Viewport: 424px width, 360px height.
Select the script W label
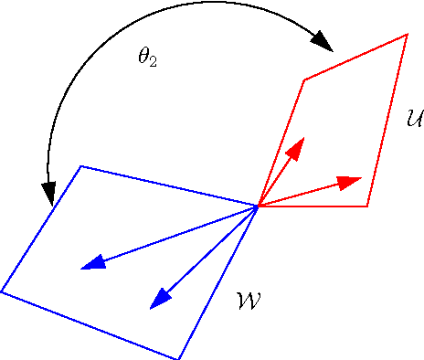(249, 299)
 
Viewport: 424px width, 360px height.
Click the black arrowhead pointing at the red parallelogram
(323, 41)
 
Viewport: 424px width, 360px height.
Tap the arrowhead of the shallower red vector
(349, 181)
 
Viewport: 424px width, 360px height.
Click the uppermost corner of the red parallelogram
(407, 35)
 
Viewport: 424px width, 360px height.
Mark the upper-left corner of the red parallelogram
(303, 79)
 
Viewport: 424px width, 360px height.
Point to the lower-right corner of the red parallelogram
(367, 206)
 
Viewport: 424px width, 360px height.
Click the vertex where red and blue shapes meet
(259, 206)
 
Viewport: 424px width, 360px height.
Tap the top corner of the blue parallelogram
(81, 166)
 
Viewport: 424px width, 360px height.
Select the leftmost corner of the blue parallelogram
(2, 291)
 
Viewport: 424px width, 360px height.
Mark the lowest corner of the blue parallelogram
(180, 358)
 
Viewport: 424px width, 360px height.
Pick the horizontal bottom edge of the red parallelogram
(315, 206)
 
